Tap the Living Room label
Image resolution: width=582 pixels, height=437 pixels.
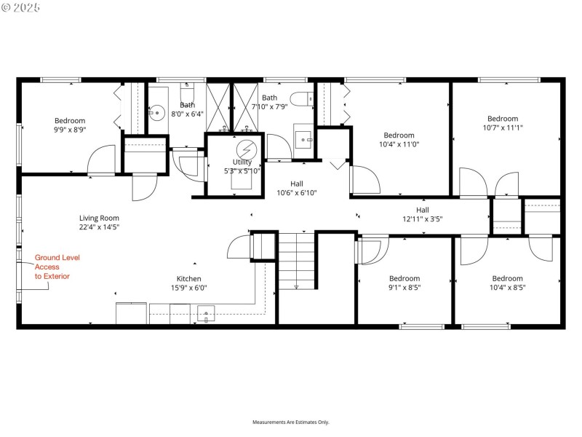click(x=99, y=222)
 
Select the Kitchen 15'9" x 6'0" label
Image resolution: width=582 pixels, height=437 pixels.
click(x=188, y=283)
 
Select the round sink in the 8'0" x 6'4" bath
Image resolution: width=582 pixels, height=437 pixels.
click(x=158, y=112)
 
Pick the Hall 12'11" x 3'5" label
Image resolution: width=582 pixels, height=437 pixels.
click(x=422, y=214)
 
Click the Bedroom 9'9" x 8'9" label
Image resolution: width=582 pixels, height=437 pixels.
click(x=70, y=125)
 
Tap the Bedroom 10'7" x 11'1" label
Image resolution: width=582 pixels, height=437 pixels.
click(x=503, y=123)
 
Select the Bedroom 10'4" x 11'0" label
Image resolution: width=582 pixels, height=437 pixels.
click(x=399, y=140)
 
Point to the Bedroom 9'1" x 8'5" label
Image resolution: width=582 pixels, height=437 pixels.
click(x=404, y=283)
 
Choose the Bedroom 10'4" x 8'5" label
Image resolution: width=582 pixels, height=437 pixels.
click(x=507, y=283)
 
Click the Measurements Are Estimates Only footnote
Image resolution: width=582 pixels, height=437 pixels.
click(x=291, y=422)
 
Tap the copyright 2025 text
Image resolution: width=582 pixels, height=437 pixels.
click(x=21, y=7)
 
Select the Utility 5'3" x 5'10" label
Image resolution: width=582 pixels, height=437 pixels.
click(x=242, y=167)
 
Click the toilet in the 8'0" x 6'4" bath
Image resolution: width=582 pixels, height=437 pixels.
click(x=187, y=94)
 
